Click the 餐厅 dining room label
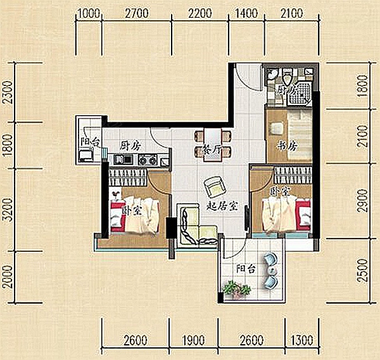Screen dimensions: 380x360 (212, 151)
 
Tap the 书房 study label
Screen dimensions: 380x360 (287, 146)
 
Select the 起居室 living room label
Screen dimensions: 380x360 (222, 206)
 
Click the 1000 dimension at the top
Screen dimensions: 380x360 (89, 13)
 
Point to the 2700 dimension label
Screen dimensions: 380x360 (137, 13)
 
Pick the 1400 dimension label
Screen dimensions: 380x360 (246, 13)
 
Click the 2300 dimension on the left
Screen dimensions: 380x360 (7, 92)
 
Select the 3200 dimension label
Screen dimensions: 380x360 (7, 210)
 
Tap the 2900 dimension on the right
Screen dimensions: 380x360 (362, 201)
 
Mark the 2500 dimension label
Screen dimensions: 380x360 (362, 270)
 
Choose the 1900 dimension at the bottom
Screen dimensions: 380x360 (194, 340)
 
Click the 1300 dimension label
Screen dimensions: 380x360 (301, 340)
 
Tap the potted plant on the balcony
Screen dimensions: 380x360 (236, 290)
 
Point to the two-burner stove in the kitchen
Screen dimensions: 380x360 (147, 160)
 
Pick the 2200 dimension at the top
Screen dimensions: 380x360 (200, 13)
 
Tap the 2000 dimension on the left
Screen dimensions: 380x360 (7, 276)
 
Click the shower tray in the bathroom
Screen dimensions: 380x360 (299, 95)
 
